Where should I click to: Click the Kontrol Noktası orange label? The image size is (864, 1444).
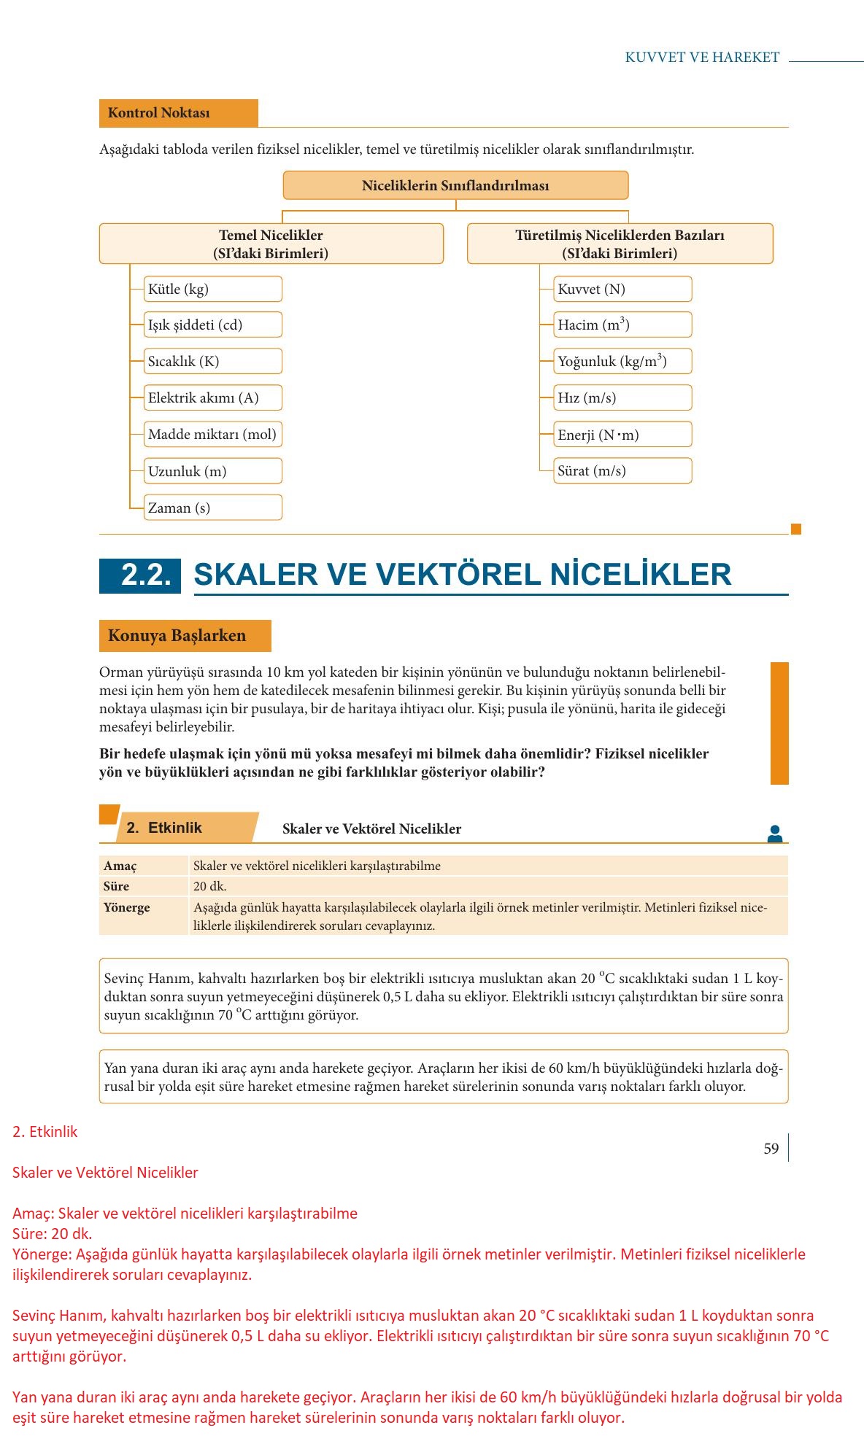(178, 113)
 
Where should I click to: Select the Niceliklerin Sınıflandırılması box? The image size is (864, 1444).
(455, 185)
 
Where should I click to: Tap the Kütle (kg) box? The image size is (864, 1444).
(212, 289)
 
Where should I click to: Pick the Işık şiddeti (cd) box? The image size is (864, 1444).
(212, 325)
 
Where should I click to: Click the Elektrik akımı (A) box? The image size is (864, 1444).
(212, 397)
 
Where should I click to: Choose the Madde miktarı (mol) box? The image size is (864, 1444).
(212, 434)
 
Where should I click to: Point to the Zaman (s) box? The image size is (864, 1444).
(212, 508)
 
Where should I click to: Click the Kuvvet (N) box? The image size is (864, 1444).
(622, 289)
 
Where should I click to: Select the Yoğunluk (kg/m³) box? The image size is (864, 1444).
(622, 361)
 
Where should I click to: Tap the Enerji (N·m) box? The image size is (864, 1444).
(622, 435)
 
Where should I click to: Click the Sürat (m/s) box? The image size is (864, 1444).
(622, 470)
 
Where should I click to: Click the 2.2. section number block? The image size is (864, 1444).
(140, 575)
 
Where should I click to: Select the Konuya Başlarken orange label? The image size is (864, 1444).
(185, 635)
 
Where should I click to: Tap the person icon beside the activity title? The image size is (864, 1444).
(775, 833)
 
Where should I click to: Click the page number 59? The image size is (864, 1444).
(771, 1149)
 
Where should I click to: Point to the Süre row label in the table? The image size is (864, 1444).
(117, 886)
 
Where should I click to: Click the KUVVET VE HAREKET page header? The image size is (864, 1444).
(702, 58)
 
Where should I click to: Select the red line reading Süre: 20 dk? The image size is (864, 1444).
(53, 1234)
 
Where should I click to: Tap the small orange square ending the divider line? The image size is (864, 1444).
(796, 529)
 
